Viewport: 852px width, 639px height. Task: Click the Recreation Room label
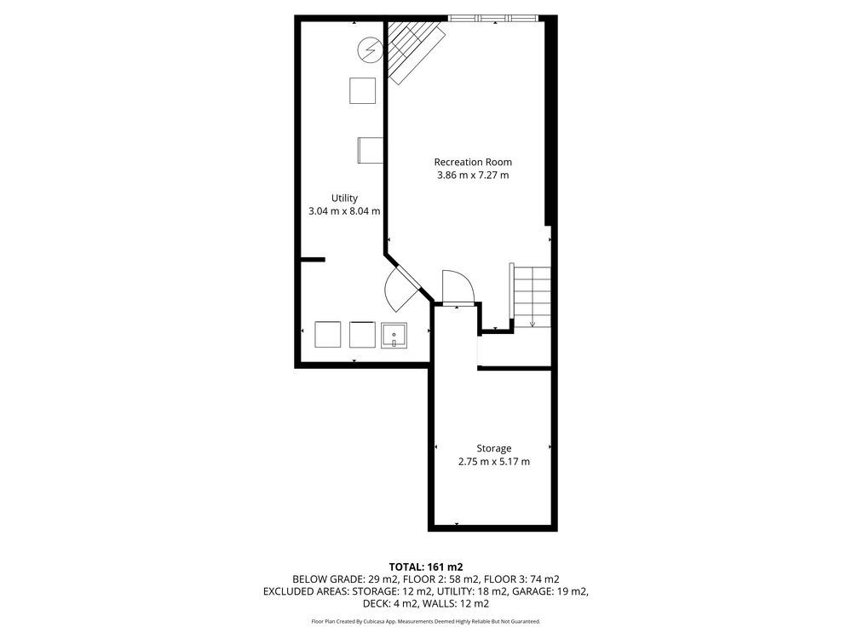click(x=473, y=162)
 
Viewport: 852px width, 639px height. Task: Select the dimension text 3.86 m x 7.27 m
click(x=473, y=175)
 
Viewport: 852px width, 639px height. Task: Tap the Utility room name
click(x=344, y=199)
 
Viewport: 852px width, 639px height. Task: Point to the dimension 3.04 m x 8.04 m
click(x=344, y=211)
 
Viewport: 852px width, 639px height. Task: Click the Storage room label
click(x=494, y=449)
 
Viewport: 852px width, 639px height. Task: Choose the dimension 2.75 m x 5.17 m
click(x=494, y=462)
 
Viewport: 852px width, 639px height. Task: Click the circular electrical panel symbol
click(x=370, y=50)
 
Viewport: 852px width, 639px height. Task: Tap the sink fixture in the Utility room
click(x=394, y=335)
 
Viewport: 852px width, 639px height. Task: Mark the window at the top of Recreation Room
click(x=494, y=18)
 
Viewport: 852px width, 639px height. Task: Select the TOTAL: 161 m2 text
click(x=425, y=567)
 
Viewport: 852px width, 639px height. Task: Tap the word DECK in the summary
click(x=376, y=604)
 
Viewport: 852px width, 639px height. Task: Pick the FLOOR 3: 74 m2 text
click(x=521, y=579)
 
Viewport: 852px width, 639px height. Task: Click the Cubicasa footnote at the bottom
click(x=425, y=621)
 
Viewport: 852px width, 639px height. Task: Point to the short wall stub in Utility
click(x=313, y=260)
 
